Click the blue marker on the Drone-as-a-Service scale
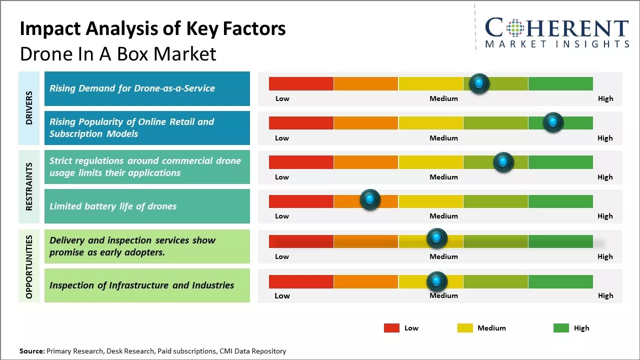tap(479, 83)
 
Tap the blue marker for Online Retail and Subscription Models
tap(553, 122)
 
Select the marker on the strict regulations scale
tap(503, 162)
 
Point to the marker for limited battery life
tap(370, 199)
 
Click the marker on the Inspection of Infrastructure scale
tap(436, 281)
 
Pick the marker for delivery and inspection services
tap(436, 238)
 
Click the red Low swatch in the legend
tap(391, 328)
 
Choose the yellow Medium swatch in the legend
tap(465, 328)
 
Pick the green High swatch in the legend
tap(561, 328)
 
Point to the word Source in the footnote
tap(31, 351)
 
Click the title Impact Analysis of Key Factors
tap(152, 28)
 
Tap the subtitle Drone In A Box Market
tap(118, 54)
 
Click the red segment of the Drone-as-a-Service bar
tap(301, 83)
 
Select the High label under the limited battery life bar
tap(605, 216)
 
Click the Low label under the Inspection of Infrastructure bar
tap(282, 295)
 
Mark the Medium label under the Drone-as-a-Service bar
tap(443, 98)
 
